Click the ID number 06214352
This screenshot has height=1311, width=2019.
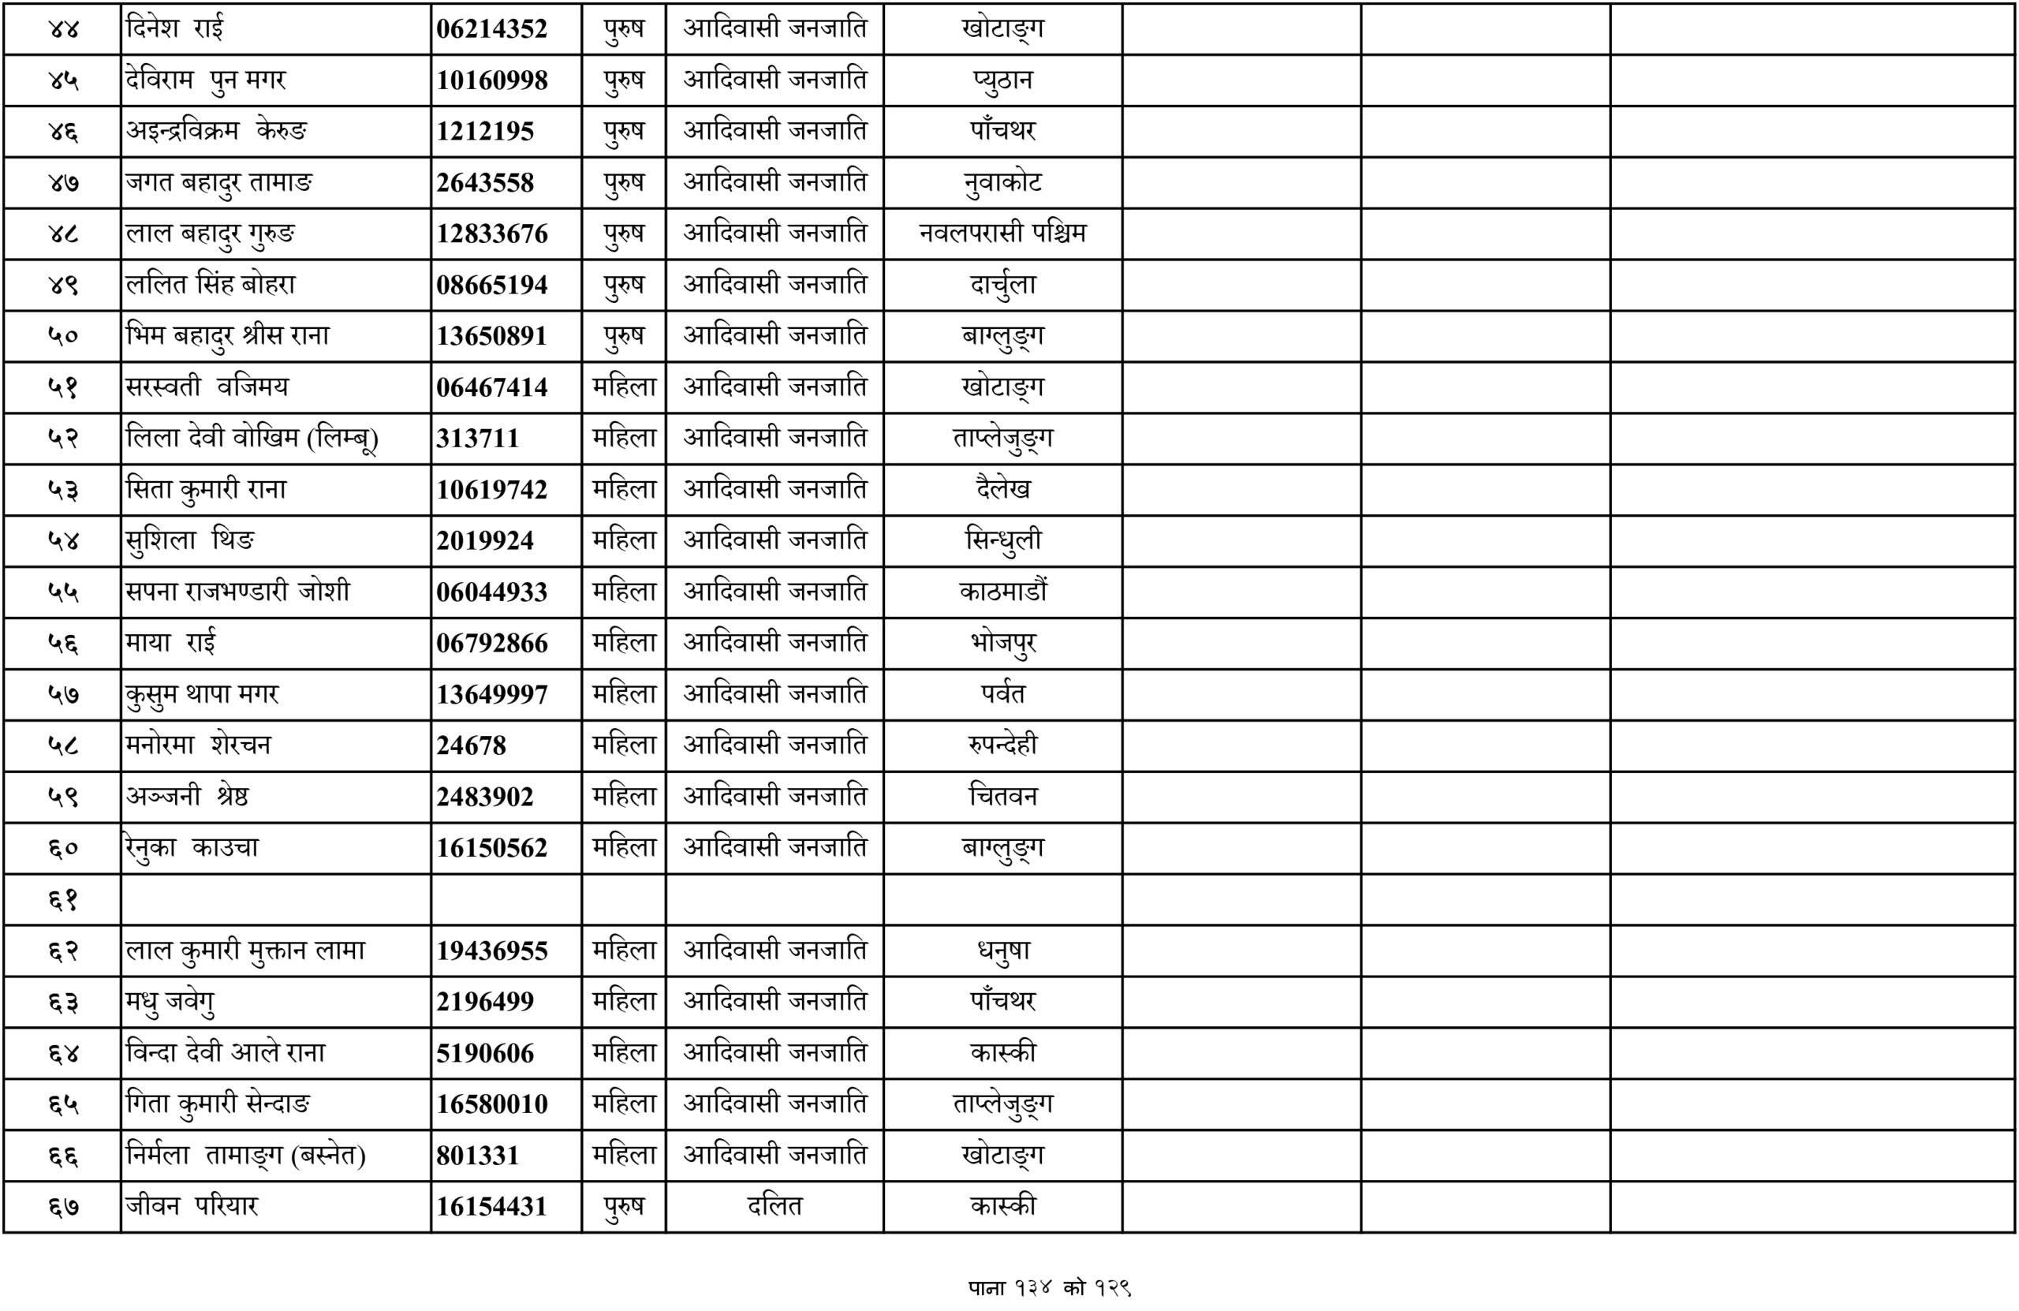tap(491, 29)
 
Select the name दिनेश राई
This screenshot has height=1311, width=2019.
tap(175, 29)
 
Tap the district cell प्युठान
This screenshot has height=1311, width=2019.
tap(1002, 80)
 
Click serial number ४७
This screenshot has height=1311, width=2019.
tap(63, 182)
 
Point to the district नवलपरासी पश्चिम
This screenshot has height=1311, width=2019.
tap(1002, 233)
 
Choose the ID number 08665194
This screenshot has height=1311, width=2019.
tap(491, 285)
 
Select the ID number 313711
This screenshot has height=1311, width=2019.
tap(477, 439)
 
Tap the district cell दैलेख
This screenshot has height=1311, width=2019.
tap(1002, 490)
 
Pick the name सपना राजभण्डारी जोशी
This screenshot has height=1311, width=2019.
tap(237, 592)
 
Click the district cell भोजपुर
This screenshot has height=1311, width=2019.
tap(1002, 643)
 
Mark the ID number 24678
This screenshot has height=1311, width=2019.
tap(471, 746)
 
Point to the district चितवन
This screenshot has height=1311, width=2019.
tap(1002, 797)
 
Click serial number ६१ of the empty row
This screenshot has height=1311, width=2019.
tap(63, 899)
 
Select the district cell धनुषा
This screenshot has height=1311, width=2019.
tap(1002, 951)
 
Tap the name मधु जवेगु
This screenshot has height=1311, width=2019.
tap(170, 1002)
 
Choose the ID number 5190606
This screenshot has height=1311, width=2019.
tap(484, 1053)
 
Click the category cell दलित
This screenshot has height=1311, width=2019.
tap(774, 1207)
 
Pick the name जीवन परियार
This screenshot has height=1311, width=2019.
tap(192, 1207)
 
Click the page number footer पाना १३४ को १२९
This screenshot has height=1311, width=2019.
tap(1050, 1288)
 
